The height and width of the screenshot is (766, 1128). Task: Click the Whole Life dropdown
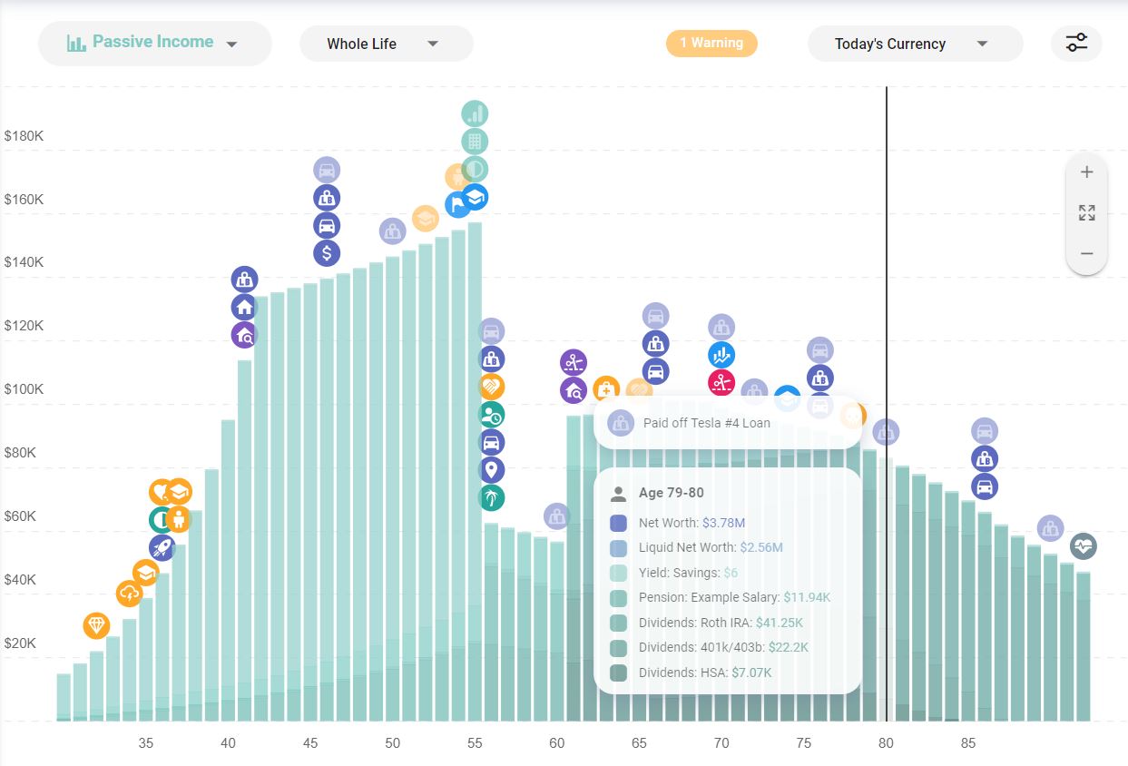[x=386, y=44]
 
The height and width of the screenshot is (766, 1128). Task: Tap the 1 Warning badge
[x=711, y=43]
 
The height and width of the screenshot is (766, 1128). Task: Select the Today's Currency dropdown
[x=914, y=44]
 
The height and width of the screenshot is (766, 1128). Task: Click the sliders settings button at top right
[x=1076, y=43]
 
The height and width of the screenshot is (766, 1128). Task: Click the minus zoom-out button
[x=1086, y=254]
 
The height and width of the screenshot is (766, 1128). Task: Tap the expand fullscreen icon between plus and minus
[x=1086, y=213]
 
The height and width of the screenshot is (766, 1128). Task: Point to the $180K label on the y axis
[x=24, y=136]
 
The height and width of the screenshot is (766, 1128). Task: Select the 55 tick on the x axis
[x=475, y=743]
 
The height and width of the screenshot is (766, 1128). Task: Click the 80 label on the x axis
[x=886, y=743]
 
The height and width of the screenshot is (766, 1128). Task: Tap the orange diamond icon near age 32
[x=96, y=625]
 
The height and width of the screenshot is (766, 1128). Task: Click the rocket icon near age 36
[x=162, y=547]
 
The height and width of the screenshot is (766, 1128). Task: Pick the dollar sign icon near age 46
[x=327, y=253]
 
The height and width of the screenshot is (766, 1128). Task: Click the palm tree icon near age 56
[x=491, y=497]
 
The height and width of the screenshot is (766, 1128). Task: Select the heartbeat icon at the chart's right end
[x=1083, y=546]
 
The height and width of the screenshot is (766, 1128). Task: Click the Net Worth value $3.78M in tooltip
[x=724, y=523]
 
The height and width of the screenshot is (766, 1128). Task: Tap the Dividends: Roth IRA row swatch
[x=619, y=623]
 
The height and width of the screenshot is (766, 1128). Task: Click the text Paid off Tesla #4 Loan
[x=706, y=423]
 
